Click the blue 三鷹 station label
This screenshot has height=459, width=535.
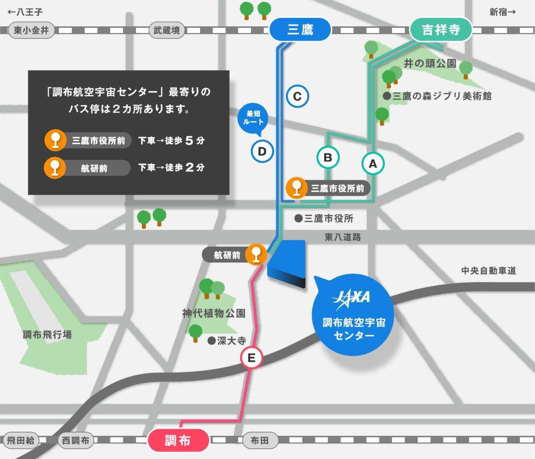(x=300, y=30)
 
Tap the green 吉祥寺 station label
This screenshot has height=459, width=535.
(x=440, y=30)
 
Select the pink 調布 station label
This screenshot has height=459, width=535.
(x=178, y=440)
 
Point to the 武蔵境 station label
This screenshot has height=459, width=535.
(x=166, y=30)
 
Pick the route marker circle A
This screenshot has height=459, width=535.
(x=373, y=164)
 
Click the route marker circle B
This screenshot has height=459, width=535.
(x=328, y=157)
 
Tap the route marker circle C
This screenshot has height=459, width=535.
(x=297, y=96)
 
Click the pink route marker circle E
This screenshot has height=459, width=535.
(x=251, y=358)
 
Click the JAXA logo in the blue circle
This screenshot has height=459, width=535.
(x=351, y=297)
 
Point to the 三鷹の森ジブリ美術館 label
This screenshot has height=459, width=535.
(x=441, y=96)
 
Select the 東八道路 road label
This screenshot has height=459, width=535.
(x=342, y=238)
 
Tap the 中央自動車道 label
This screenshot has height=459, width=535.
(x=488, y=270)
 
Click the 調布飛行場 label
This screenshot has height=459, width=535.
(x=47, y=334)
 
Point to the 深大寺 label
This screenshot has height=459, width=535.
(x=231, y=341)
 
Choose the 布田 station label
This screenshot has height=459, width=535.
(x=259, y=440)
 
